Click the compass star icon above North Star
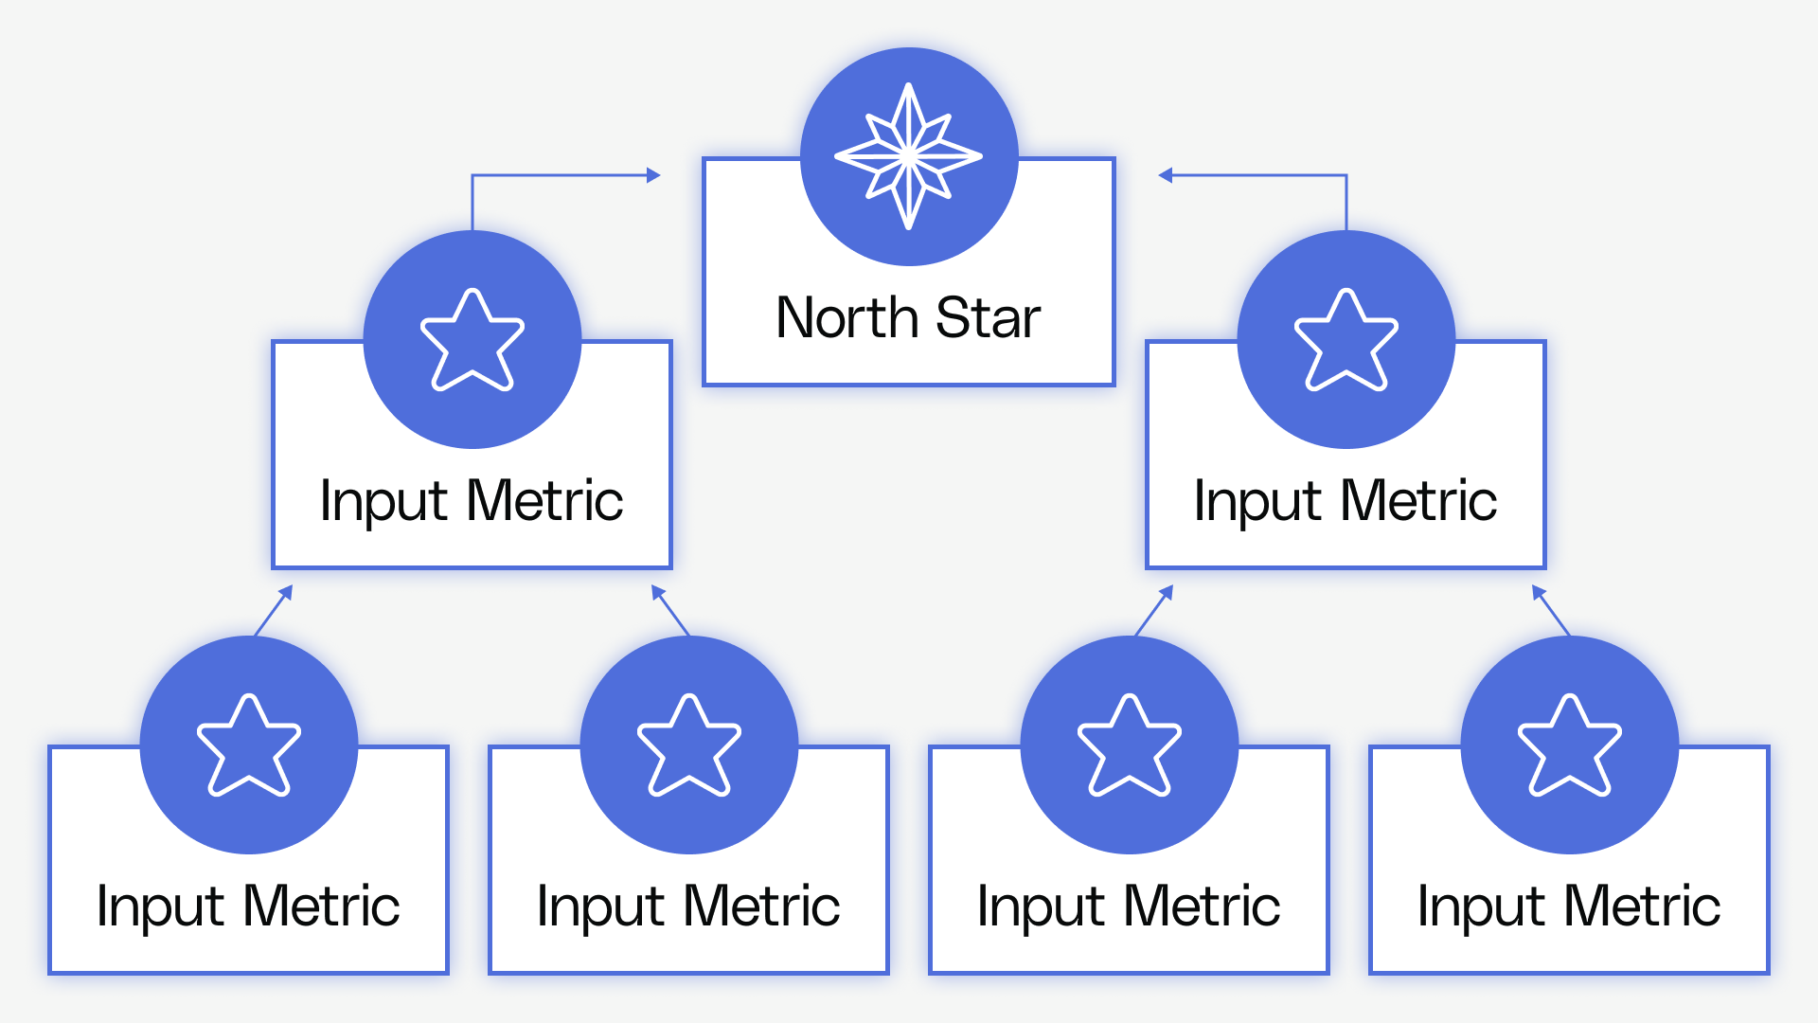[x=908, y=156]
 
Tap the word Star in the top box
[x=989, y=318]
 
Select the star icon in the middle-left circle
[x=472, y=341]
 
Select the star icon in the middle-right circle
[x=1346, y=341]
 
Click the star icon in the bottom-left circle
[x=248, y=746]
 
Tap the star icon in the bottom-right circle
[x=1569, y=746]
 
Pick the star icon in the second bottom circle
[x=688, y=746]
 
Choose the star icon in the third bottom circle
[x=1129, y=746]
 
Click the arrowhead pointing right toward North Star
[x=653, y=175]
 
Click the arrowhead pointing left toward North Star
[x=1166, y=175]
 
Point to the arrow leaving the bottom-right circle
[x=1551, y=611]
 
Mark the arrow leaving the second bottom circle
[x=670, y=611]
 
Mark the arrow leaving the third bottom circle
[x=1154, y=610]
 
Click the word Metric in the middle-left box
[x=545, y=501]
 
